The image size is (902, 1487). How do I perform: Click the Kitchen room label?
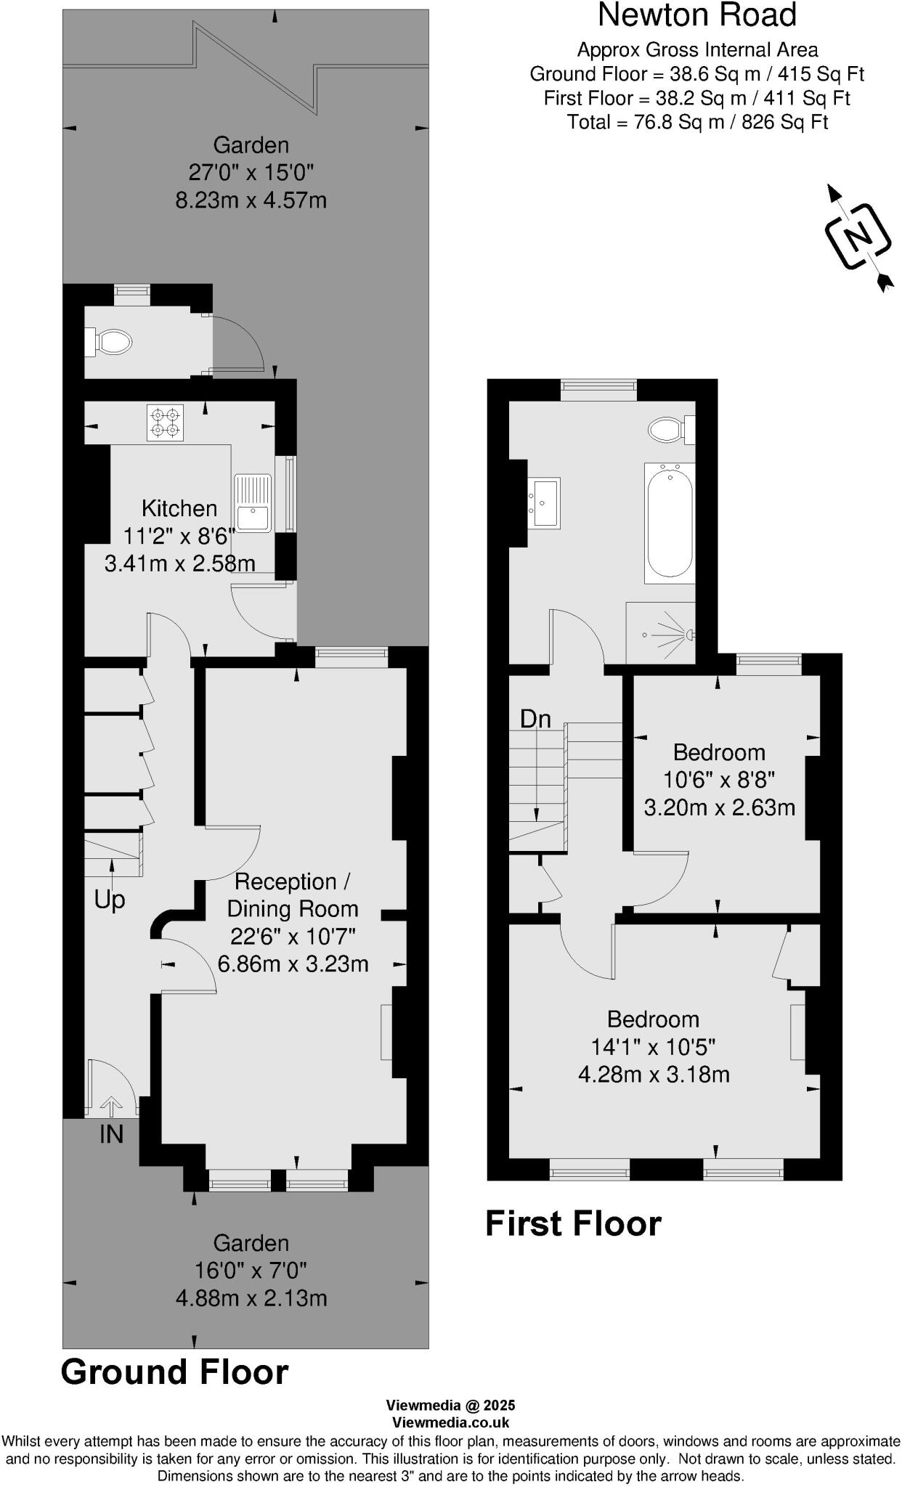point(179,508)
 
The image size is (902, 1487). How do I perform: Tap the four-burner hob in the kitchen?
point(164,423)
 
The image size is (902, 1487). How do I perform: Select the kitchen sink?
point(253,502)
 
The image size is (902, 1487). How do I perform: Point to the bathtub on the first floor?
point(669,522)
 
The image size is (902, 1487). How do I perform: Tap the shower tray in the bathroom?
point(660,634)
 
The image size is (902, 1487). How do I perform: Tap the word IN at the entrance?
point(111,1134)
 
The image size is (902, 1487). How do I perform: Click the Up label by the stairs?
point(110,900)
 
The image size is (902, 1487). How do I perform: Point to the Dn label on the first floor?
point(535,719)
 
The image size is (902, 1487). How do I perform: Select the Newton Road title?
point(697,15)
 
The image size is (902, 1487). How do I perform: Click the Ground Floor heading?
point(174,1373)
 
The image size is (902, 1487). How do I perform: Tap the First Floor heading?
point(573,1223)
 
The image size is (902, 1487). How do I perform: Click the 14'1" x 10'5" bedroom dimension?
point(653,1047)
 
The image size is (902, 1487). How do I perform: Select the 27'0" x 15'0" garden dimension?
point(251,173)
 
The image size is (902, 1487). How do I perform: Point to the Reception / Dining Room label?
point(293,895)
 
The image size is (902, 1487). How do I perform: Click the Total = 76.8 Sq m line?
point(697,122)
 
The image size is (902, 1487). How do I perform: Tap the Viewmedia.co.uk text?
point(450,1423)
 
